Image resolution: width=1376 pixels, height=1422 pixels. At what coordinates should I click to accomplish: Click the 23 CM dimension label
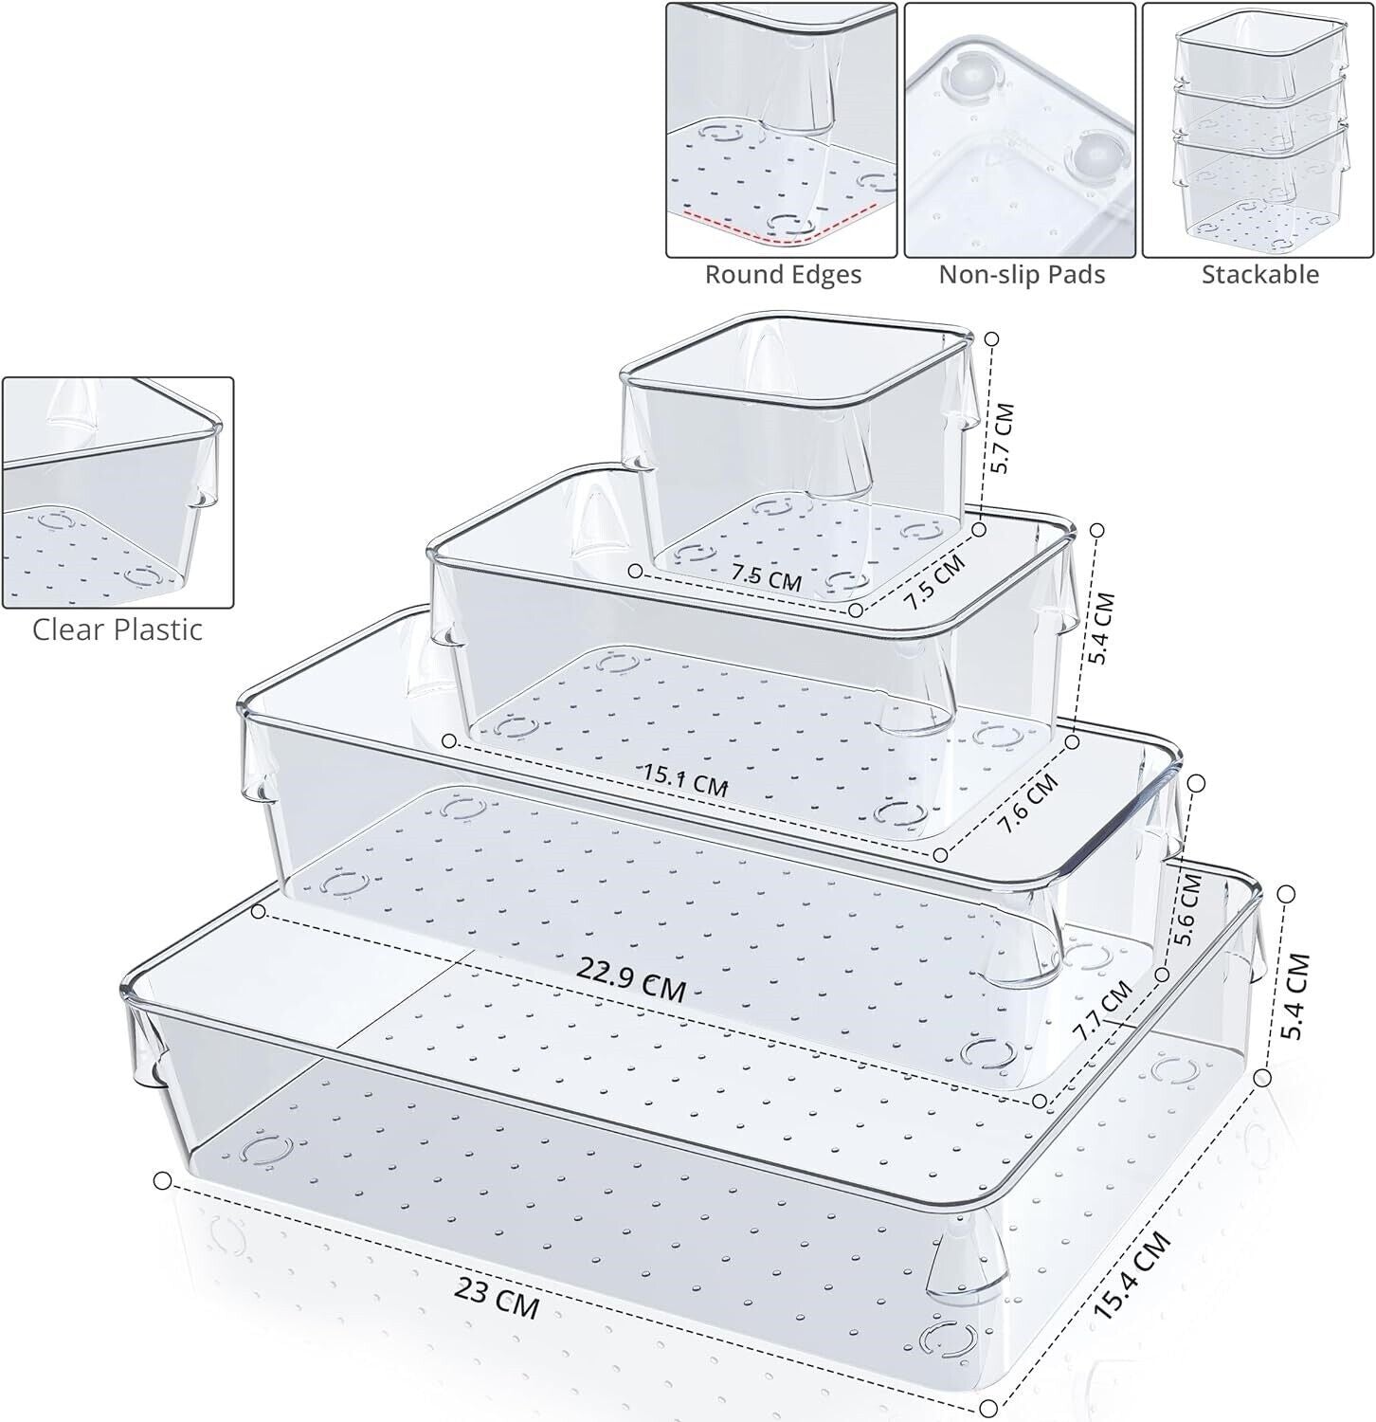[497, 1298]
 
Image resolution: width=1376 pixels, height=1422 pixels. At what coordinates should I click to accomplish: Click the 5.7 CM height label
[1001, 439]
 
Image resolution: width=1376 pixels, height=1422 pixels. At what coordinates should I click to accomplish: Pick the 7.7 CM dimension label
[1101, 1010]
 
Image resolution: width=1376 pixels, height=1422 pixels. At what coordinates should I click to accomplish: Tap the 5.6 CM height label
[1186, 910]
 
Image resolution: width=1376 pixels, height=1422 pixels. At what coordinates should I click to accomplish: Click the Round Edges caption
[783, 275]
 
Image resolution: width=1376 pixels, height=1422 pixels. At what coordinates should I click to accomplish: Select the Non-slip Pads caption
[1022, 275]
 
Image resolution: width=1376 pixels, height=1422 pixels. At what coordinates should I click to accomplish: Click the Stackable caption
[1259, 275]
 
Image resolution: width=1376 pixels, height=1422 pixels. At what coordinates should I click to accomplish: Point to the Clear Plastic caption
[118, 629]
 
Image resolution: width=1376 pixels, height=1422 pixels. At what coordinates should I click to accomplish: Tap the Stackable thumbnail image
[1258, 131]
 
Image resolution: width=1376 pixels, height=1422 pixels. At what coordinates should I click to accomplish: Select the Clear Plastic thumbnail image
[118, 493]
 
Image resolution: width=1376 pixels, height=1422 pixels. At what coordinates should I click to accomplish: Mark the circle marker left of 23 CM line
[162, 1180]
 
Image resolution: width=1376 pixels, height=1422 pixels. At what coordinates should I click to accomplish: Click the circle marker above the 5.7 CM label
[992, 338]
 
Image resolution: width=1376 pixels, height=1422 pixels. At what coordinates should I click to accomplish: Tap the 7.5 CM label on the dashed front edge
[766, 577]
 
